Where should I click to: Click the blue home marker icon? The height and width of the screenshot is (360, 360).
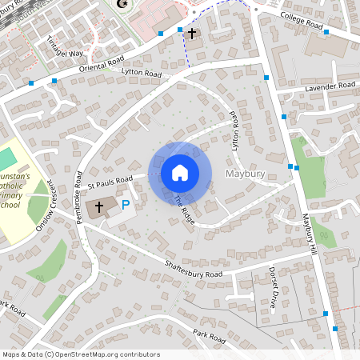pyautogui.click(x=180, y=172)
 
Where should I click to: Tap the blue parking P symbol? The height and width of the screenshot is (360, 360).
pyautogui.click(x=125, y=206)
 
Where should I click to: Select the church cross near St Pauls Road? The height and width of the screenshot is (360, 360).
pyautogui.click(x=101, y=207)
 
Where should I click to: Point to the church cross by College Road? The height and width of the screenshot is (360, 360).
pyautogui.click(x=191, y=34)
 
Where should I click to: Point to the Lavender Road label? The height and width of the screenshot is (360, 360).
pyautogui.click(x=330, y=86)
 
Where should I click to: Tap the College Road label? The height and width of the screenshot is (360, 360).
pyautogui.click(x=302, y=22)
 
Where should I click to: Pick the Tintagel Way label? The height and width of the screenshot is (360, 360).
pyautogui.click(x=65, y=47)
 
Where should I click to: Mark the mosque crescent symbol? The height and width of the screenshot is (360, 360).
pyautogui.click(x=122, y=4)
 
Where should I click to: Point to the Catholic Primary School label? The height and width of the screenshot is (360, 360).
pyautogui.click(x=16, y=189)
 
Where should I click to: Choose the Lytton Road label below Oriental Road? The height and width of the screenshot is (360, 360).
pyautogui.click(x=141, y=74)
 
